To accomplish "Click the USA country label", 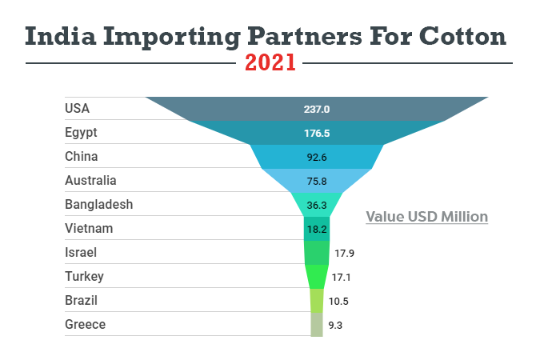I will point(77,108).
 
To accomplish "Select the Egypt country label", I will point(81,132).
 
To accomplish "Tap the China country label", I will point(81,156).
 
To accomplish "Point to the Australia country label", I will point(90,180).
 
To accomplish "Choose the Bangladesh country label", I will point(98,204).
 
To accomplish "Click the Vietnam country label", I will point(89,228).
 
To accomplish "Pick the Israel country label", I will point(80,252).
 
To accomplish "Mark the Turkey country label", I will point(84,276).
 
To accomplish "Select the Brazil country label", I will point(82,300).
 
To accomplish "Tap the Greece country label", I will point(85,324).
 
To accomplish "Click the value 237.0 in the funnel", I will point(317,109).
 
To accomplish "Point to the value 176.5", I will point(317,133).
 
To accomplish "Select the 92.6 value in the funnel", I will point(317,157).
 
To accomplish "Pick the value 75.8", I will point(317,181).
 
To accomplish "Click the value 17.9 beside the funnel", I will point(345,253).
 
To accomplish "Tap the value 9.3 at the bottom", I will point(335,325).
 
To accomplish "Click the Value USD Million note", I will point(426,216).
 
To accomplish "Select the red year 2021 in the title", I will point(270,62).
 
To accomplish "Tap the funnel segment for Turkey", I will point(317,276).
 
